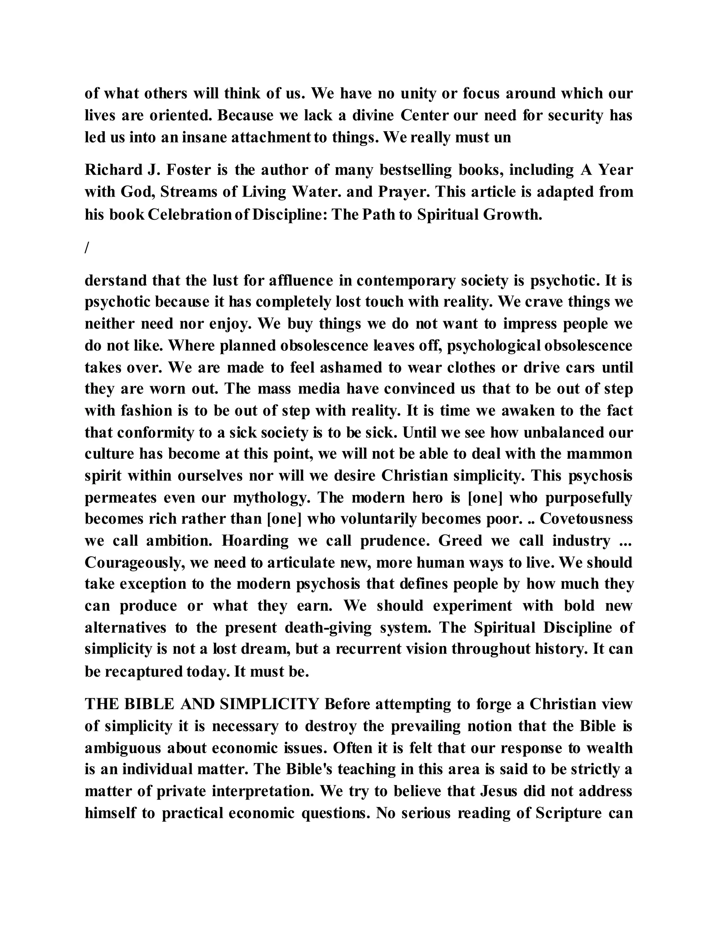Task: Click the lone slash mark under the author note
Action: coord(86,248)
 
